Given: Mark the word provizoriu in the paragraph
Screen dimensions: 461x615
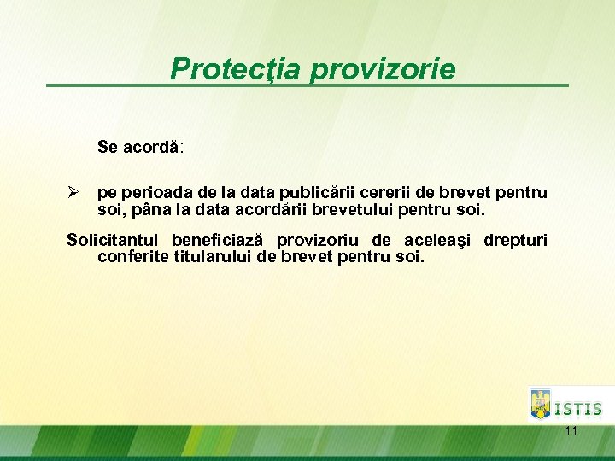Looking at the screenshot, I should [315, 240].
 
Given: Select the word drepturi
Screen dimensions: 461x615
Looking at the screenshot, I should [515, 240].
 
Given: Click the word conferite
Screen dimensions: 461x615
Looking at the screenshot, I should [132, 255].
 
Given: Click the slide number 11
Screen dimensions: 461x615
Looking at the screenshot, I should [571, 431].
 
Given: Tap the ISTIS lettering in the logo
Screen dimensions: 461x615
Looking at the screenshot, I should [578, 409].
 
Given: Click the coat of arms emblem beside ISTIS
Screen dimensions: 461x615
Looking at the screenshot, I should [540, 404].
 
